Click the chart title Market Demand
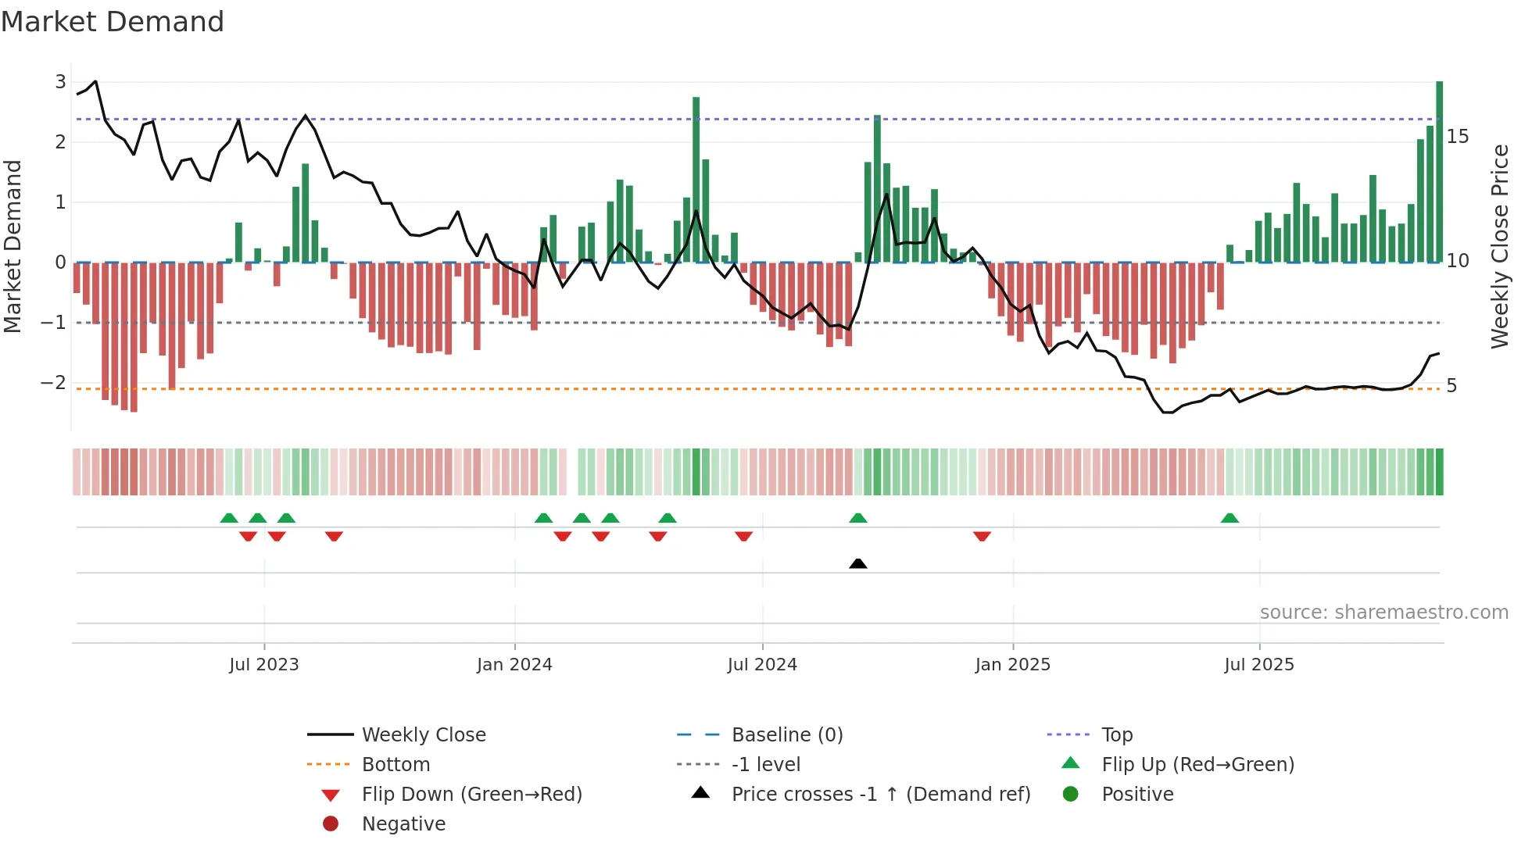point(113,22)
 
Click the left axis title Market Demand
point(13,246)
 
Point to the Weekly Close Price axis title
point(1499,246)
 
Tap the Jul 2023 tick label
point(264,665)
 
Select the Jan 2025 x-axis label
point(1013,665)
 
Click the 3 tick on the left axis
point(60,82)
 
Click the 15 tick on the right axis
point(1458,137)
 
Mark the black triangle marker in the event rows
point(858,563)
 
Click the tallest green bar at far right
point(1440,172)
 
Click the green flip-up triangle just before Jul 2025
point(1230,518)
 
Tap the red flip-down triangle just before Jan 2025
point(983,536)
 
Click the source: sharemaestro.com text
point(1383,613)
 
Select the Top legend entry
point(1116,735)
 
